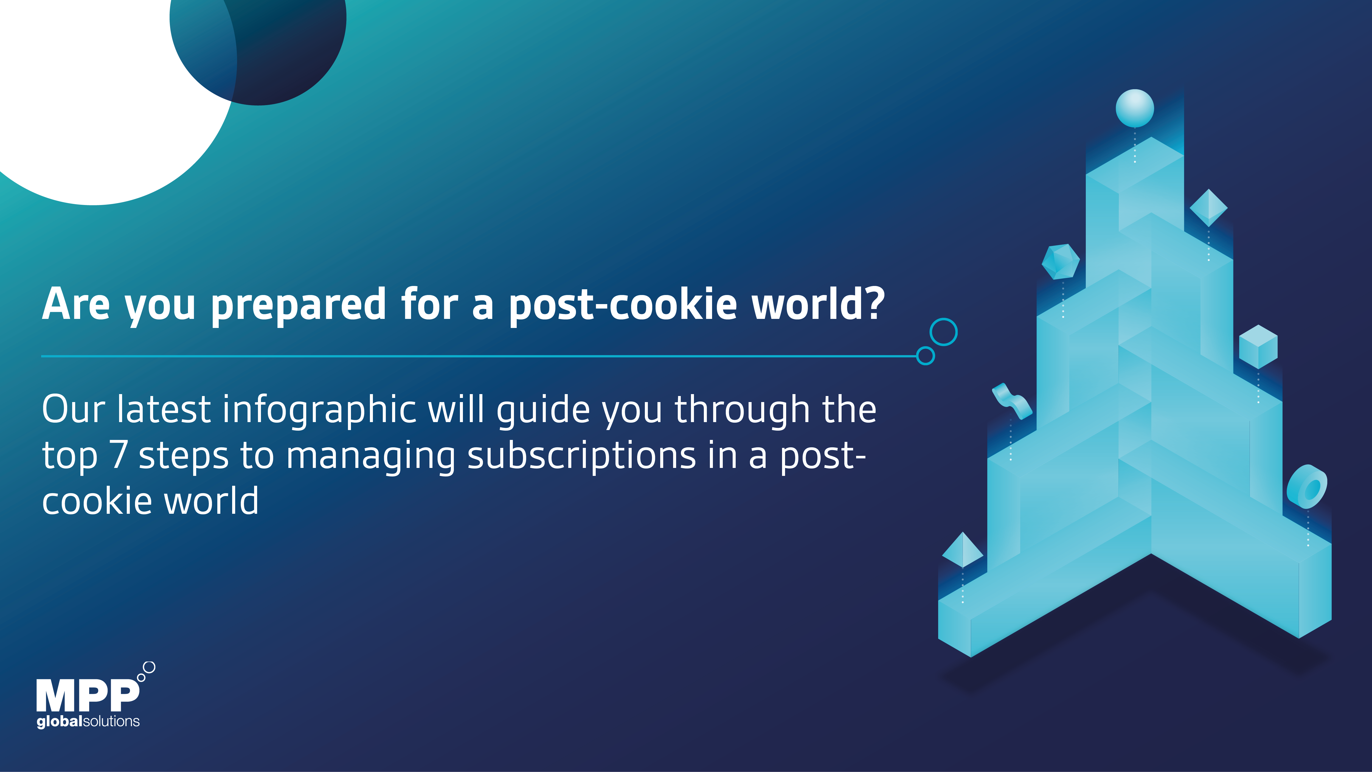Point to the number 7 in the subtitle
coord(118,454)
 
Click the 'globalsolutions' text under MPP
coord(88,722)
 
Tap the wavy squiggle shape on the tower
coord(1012,401)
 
